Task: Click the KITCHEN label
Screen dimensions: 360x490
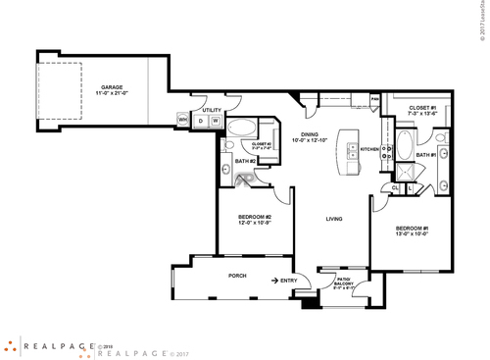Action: pos(370,149)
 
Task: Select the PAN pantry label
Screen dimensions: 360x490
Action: pos(374,98)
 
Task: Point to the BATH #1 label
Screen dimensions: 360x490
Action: pos(425,155)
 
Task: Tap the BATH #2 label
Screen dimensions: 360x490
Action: pos(246,161)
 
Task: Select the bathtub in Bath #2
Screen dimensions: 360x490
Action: pos(241,129)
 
